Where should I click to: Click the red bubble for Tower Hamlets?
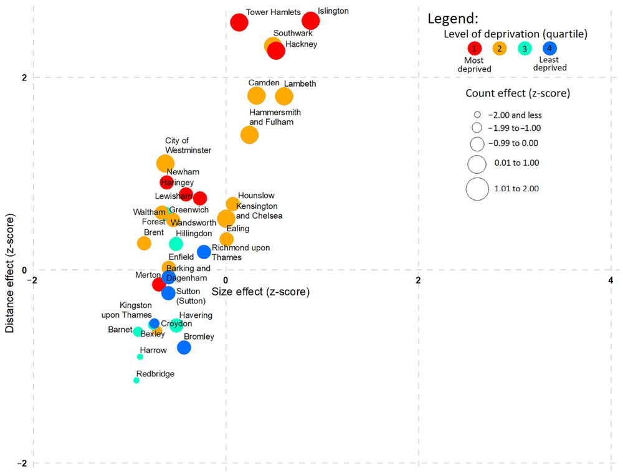click(x=239, y=22)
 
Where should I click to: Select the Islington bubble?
click(x=310, y=21)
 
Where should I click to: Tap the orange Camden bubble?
click(x=256, y=96)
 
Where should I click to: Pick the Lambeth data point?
click(x=284, y=97)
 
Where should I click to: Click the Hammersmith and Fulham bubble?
click(x=249, y=135)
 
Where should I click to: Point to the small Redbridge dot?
click(x=136, y=381)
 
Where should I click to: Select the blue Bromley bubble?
click(x=184, y=348)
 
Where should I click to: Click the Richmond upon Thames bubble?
click(x=204, y=252)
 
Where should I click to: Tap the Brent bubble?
click(x=144, y=244)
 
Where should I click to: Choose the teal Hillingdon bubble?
click(x=176, y=244)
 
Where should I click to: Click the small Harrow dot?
click(x=140, y=357)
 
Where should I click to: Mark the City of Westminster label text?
click(x=188, y=146)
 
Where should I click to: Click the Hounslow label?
click(x=256, y=196)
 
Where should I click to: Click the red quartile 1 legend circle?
click(x=474, y=48)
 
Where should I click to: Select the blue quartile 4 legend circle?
click(x=549, y=48)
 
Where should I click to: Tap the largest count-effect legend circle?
click(x=477, y=189)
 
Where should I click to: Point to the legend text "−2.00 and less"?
click(x=515, y=115)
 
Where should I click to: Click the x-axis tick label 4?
click(x=611, y=280)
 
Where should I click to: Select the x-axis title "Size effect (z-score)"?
click(x=260, y=292)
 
